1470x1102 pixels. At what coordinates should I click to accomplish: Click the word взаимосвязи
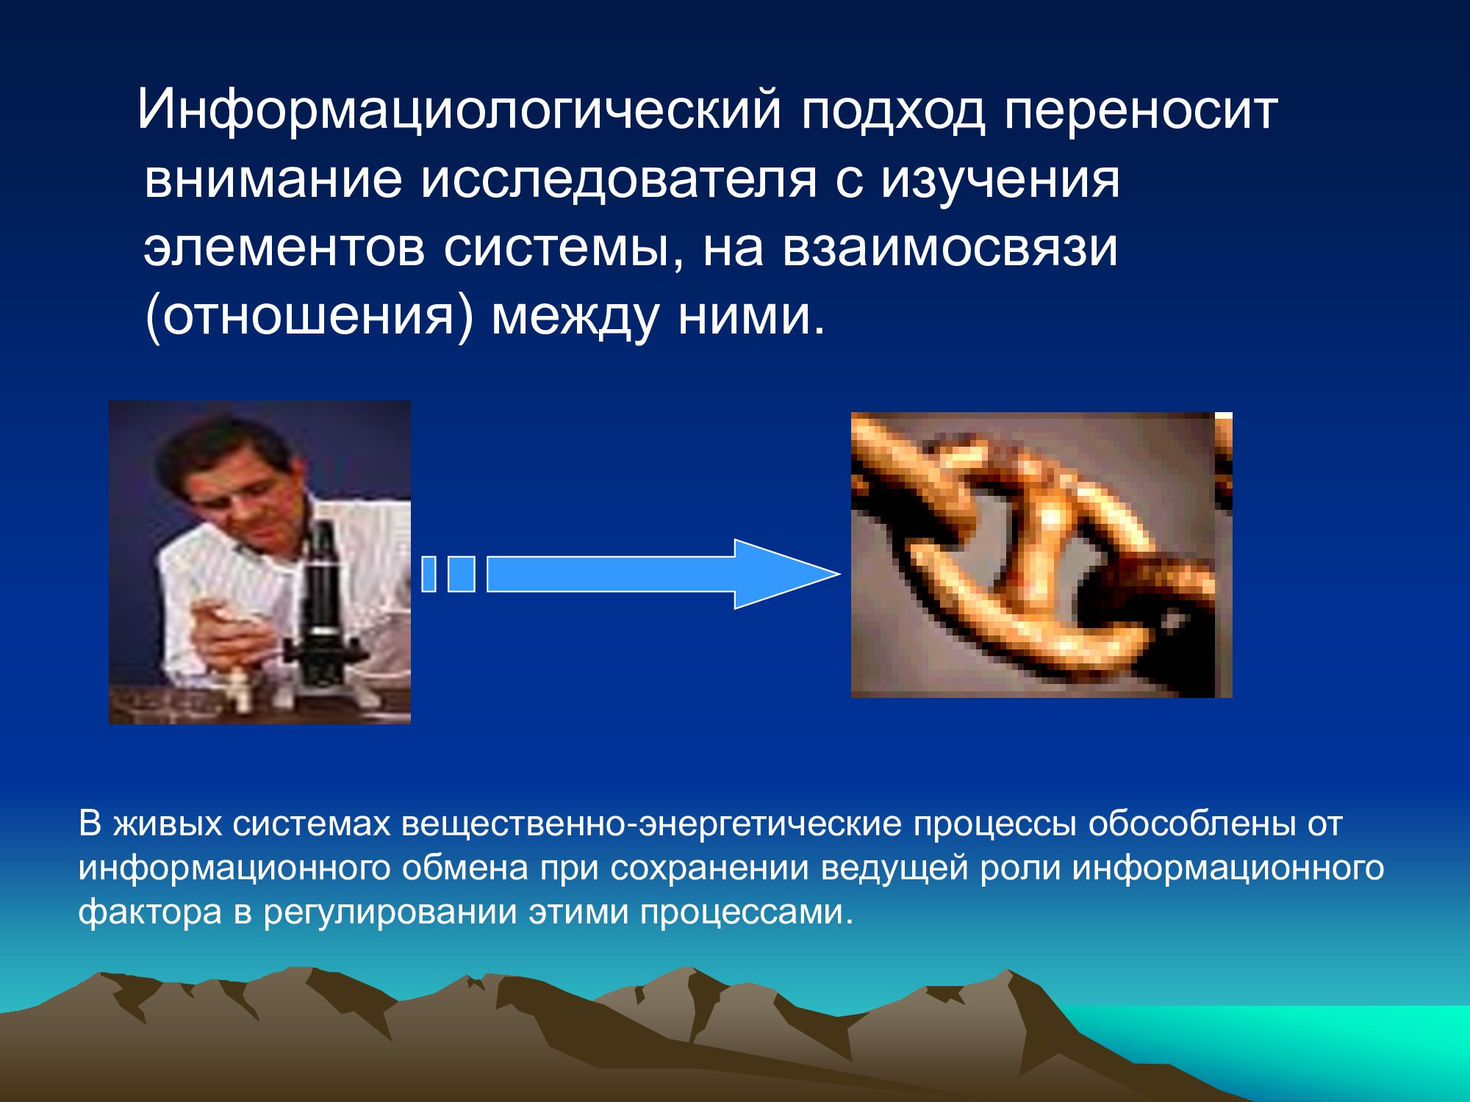[x=950, y=248]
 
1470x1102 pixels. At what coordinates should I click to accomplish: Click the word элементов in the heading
[x=284, y=248]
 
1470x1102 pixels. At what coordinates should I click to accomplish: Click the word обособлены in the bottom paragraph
[x=1191, y=824]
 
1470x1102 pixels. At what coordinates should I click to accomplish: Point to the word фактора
[x=150, y=912]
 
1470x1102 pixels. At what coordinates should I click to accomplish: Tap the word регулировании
[x=390, y=912]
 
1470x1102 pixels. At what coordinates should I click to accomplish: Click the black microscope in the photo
[x=323, y=610]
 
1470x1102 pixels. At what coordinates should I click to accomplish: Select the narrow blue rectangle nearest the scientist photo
[x=429, y=574]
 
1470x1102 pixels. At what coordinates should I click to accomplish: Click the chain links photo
[x=1041, y=555]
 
